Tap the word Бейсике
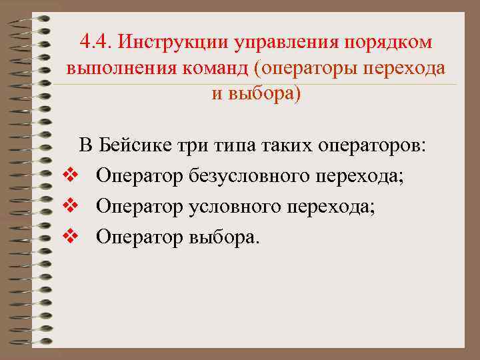point(137,145)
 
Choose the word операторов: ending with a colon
point(370,146)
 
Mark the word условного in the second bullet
point(231,207)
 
